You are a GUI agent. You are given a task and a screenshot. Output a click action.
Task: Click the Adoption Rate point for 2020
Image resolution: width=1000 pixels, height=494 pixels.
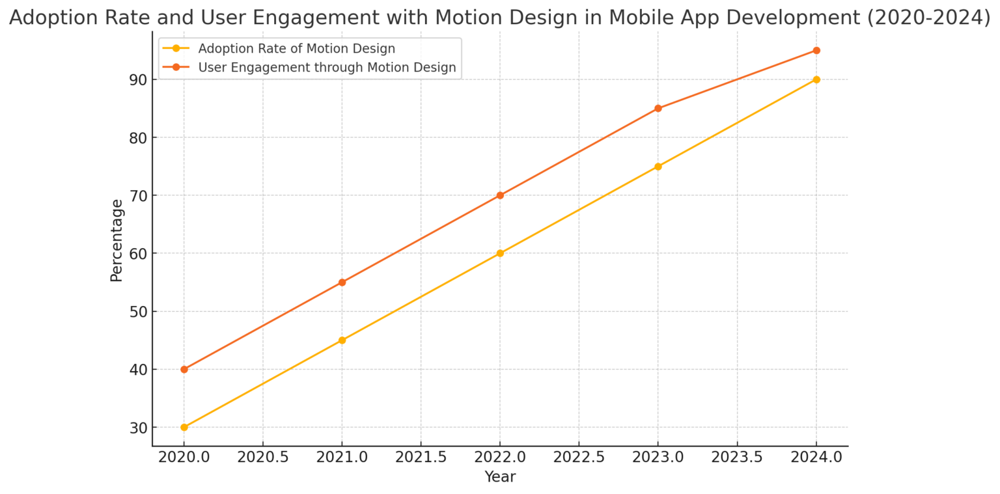tap(184, 428)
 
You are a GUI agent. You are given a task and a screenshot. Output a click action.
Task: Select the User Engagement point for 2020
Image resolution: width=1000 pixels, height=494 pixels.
tap(184, 370)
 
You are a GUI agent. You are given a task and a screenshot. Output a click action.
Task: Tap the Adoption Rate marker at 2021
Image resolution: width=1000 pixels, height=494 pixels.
tap(342, 340)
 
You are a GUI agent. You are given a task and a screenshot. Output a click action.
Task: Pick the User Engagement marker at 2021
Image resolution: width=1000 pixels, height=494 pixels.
tap(342, 282)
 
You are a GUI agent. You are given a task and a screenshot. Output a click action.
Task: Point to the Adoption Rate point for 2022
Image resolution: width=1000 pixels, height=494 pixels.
tap(500, 253)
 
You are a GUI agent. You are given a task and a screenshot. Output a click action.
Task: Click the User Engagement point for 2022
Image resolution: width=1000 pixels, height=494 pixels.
tap(500, 195)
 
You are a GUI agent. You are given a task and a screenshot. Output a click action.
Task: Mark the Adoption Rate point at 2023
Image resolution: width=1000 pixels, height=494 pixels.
tap(658, 167)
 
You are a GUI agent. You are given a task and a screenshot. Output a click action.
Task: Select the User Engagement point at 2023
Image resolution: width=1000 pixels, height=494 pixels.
tap(658, 108)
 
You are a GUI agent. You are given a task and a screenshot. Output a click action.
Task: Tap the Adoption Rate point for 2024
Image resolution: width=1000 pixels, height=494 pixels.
tap(816, 79)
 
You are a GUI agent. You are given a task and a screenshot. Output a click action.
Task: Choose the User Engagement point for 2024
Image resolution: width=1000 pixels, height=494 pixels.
tap(816, 50)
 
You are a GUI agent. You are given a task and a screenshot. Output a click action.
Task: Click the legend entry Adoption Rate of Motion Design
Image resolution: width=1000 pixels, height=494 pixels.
tap(296, 49)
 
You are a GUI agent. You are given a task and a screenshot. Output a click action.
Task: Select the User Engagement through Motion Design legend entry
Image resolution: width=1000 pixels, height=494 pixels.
tap(327, 68)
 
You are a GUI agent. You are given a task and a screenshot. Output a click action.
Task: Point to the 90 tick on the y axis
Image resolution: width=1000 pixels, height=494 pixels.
tap(139, 79)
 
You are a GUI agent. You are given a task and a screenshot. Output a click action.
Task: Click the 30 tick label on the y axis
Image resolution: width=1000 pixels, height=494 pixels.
tap(139, 428)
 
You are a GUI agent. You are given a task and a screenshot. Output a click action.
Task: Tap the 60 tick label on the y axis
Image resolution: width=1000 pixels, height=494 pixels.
tap(139, 253)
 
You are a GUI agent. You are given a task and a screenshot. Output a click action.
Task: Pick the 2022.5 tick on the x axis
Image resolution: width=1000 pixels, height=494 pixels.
tap(579, 457)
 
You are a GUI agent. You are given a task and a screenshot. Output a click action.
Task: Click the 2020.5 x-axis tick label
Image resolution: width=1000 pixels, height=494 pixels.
tap(263, 457)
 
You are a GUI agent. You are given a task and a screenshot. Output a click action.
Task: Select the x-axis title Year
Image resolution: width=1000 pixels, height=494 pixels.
tap(500, 477)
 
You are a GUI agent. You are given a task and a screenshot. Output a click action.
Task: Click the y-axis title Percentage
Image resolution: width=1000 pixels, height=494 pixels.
tap(117, 240)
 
